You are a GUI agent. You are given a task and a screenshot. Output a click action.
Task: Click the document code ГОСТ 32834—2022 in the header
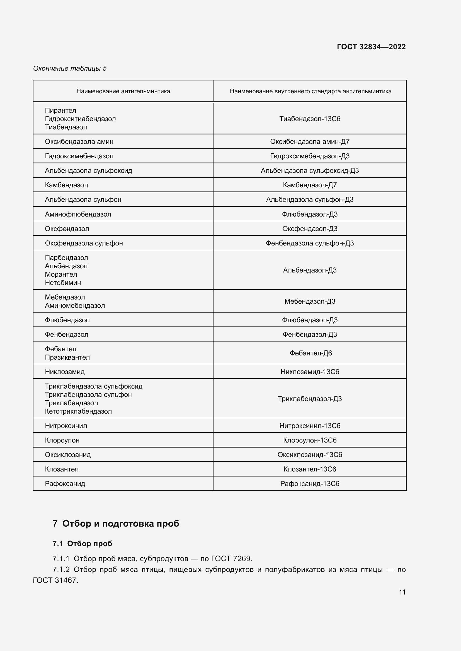[371, 47]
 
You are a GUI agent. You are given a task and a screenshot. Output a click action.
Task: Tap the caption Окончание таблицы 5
[70, 68]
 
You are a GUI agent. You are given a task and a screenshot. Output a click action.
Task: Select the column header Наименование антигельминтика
[123, 91]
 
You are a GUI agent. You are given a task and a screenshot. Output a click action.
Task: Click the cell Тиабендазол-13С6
[310, 119]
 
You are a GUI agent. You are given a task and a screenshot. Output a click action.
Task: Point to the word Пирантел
[60, 110]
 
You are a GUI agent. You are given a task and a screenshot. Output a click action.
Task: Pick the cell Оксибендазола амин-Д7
[310, 141]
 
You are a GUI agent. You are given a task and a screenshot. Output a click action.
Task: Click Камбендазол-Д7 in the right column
[310, 185]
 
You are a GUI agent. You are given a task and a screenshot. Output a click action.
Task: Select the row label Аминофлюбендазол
[78, 214]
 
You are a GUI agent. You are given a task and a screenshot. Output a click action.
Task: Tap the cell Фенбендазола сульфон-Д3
[310, 243]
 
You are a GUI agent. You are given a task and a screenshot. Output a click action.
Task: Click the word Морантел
[61, 274]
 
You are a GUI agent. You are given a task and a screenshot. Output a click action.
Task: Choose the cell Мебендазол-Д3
[310, 301]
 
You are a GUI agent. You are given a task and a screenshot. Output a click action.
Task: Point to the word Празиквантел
[67, 357]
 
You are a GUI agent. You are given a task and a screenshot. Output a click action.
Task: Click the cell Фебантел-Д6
[310, 353]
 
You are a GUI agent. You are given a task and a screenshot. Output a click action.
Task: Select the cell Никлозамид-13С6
[310, 372]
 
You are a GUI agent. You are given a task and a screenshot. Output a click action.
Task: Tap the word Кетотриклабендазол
[78, 411]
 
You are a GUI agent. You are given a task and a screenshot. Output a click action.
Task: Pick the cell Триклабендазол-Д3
[310, 399]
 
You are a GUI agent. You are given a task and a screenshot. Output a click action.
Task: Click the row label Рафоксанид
[65, 483]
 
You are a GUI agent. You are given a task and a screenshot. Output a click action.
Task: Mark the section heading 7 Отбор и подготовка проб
[116, 524]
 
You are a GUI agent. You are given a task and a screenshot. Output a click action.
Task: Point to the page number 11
[402, 592]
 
